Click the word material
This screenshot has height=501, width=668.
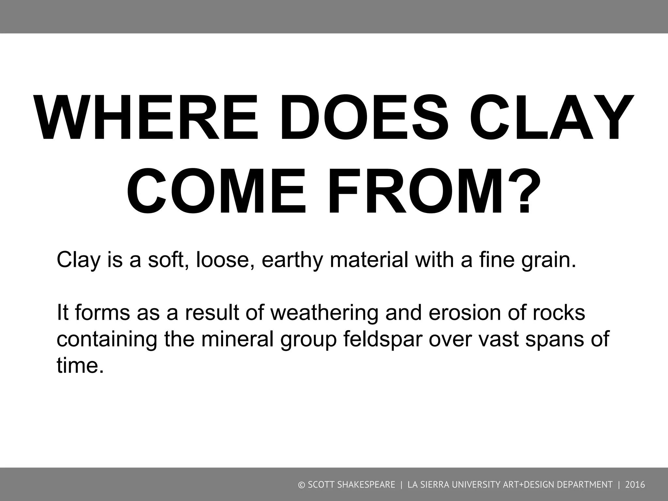coord(369,260)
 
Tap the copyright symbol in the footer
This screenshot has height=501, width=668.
coord(301,485)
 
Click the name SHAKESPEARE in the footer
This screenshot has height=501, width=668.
coord(367,485)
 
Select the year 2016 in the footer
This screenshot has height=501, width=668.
coord(635,485)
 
